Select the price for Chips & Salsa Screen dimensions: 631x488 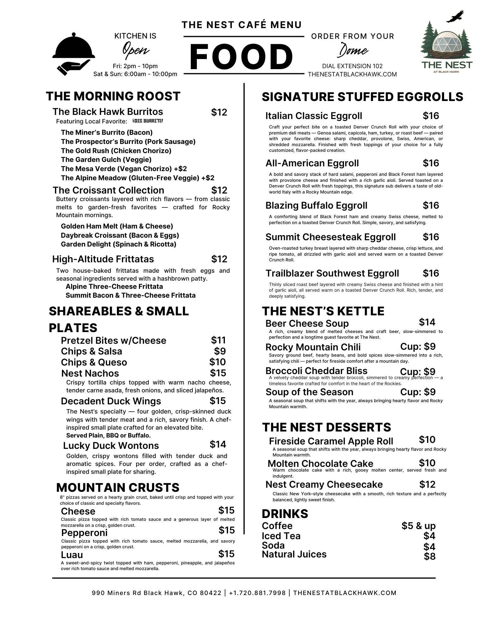pos(220,351)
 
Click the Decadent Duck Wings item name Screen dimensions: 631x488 pos(111,401)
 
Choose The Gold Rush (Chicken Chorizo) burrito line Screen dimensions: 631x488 pos(116,151)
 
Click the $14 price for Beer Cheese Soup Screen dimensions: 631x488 pos(427,322)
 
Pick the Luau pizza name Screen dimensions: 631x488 pos(72,555)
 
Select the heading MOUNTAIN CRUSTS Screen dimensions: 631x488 pos(117,488)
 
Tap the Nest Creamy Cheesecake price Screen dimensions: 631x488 pos(427,484)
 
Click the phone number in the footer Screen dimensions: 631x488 pos(257,593)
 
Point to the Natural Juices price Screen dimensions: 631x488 pos(430,556)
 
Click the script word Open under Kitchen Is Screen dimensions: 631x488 pos(136,50)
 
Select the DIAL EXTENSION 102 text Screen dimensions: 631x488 pos(352,66)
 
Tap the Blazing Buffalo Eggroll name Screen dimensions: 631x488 pos(316,205)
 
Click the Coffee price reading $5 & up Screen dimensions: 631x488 pos(419,526)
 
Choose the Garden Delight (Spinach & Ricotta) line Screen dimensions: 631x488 pos(118,244)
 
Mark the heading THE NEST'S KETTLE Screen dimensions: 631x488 pos(323,311)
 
